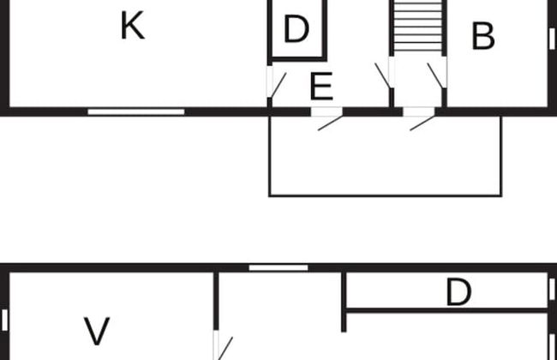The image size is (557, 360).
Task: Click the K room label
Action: coord(131,27)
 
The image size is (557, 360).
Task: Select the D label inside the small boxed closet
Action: coord(296,30)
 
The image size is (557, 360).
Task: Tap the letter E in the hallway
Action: coord(320,87)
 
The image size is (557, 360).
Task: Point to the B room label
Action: coord(483,37)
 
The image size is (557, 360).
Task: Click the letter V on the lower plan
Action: coord(98,331)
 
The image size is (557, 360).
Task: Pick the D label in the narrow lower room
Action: coord(458,293)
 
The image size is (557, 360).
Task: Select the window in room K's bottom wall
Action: coord(136,111)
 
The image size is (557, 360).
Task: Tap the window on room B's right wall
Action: coord(552,38)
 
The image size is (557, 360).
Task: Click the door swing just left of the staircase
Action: coord(383,75)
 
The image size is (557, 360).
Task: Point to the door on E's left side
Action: coord(276,82)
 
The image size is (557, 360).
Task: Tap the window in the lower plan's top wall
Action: coord(278,267)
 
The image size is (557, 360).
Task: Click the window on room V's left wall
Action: coord(4,319)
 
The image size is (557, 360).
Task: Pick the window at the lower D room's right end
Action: coord(552,289)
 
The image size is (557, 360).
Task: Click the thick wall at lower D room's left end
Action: coord(344,302)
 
